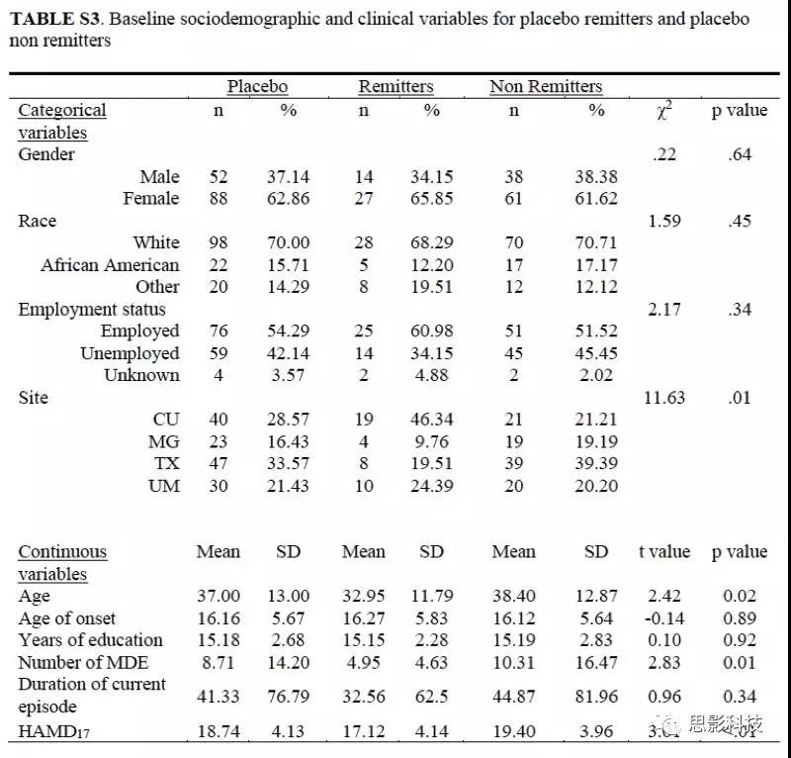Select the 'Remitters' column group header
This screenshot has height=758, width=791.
tap(395, 87)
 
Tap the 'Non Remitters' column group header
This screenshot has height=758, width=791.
tap(546, 87)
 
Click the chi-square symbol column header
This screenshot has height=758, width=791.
tap(664, 111)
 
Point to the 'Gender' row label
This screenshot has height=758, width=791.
tap(46, 154)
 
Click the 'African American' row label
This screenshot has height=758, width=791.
tap(110, 265)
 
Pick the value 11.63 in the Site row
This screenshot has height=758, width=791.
tap(664, 398)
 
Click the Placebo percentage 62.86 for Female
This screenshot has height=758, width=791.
tap(288, 198)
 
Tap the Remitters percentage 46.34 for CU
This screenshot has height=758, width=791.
tap(432, 420)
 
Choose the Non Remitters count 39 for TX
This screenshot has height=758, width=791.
tap(514, 464)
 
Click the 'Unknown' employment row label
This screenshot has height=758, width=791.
tap(141, 375)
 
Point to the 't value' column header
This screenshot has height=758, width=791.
tap(664, 552)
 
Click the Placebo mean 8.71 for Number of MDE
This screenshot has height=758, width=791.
tap(218, 662)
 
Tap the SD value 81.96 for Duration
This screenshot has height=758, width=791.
tap(596, 695)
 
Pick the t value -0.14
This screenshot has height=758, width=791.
tap(664, 618)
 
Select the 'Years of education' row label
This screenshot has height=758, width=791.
tap(90, 640)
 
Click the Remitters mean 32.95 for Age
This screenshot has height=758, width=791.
tap(364, 596)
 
